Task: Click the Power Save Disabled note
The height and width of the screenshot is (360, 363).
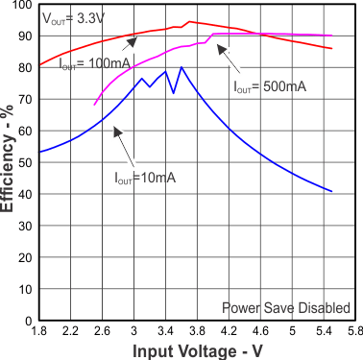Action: (285, 307)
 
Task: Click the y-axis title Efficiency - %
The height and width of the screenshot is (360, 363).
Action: (10, 165)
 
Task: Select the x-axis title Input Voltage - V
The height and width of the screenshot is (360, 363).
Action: (198, 351)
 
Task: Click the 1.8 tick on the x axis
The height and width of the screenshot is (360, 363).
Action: (39, 331)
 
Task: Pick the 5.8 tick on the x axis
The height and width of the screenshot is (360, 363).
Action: (354, 331)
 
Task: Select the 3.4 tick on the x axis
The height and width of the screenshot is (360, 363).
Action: (165, 331)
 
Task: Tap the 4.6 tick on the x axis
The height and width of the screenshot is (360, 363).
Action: (260, 331)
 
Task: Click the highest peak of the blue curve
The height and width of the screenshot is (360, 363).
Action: (181, 67)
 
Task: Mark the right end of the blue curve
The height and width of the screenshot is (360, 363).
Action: (331, 191)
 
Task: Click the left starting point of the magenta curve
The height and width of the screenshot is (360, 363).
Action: (94, 105)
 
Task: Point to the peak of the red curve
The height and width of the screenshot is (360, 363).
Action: (188, 21)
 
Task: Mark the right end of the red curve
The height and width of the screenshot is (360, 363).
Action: (331, 48)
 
